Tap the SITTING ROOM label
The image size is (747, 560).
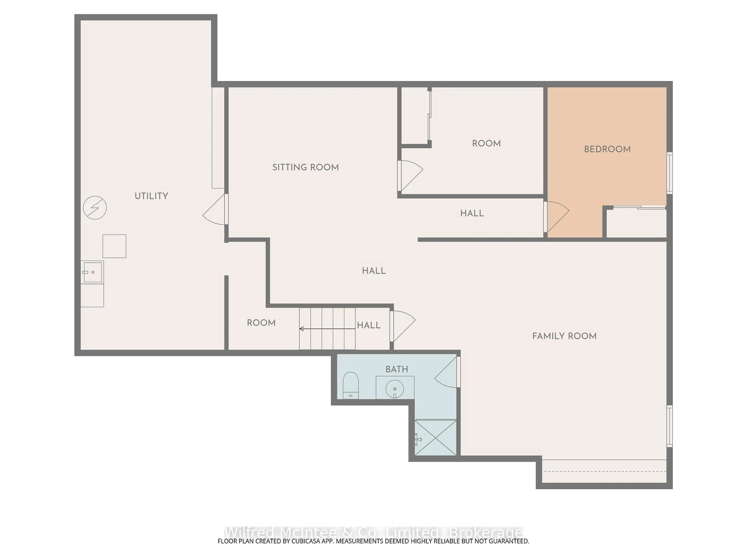[x=305, y=167]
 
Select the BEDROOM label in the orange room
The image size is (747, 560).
[x=607, y=149]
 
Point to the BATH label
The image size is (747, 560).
[x=397, y=369]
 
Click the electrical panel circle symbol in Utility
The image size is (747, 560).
[x=95, y=208]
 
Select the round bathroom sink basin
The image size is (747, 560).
[x=395, y=389]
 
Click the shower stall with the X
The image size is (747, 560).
[x=435, y=437]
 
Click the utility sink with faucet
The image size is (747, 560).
[x=92, y=272]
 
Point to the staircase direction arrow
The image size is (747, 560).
[x=327, y=328]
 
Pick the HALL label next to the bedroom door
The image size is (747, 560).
[x=472, y=213]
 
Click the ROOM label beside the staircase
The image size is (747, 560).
[x=261, y=323]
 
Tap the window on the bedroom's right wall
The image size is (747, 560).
[x=669, y=173]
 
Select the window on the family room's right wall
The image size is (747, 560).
[x=669, y=426]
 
